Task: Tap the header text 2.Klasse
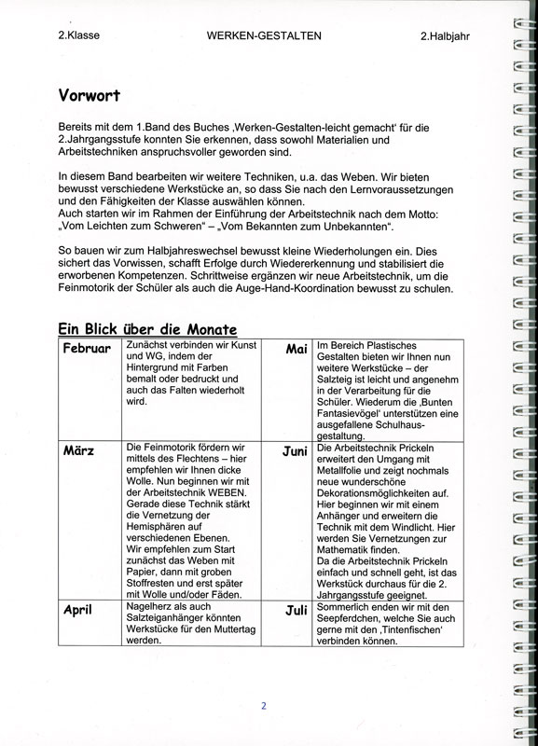[x=78, y=35]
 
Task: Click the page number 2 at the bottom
[x=264, y=706]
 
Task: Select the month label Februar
[x=88, y=349]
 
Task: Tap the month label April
[x=83, y=611]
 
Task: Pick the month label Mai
[x=297, y=349]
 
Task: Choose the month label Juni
[x=295, y=450]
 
